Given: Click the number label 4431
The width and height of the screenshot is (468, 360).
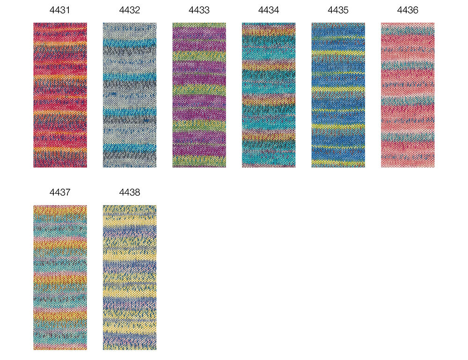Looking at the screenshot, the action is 60,10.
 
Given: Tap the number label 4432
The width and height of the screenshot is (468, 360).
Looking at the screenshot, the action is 130,10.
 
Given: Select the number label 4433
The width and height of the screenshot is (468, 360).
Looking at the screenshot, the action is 199,10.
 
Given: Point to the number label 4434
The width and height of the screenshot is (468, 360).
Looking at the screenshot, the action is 269,10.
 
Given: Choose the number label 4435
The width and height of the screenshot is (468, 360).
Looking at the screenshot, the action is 338,10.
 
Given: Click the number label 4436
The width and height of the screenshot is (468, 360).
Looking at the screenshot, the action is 408,10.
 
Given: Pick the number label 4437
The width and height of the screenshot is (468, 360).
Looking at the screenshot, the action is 60,192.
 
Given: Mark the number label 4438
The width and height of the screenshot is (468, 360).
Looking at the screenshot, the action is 130,192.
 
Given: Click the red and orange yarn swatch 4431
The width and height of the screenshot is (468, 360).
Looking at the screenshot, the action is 60,95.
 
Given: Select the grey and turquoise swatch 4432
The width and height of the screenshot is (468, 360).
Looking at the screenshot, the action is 130,95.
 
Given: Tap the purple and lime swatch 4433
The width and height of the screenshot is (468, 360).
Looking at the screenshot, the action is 199,95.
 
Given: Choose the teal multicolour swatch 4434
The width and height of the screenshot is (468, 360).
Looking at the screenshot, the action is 269,95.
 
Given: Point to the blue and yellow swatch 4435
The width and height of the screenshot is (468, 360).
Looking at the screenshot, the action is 338,95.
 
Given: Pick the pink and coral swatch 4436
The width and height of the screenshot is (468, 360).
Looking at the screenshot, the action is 408,95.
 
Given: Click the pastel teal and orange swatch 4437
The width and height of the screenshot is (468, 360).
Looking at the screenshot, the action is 60,278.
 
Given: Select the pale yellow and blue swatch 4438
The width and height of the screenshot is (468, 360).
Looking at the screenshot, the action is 130,278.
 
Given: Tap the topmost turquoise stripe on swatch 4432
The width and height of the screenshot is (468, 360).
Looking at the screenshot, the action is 130,43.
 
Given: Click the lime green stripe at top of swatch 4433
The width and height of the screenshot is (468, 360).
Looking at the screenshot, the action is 199,25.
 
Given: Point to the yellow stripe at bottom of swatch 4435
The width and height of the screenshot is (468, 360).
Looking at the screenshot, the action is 338,163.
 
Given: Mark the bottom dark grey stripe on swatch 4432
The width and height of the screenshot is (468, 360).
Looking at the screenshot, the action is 130,155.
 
